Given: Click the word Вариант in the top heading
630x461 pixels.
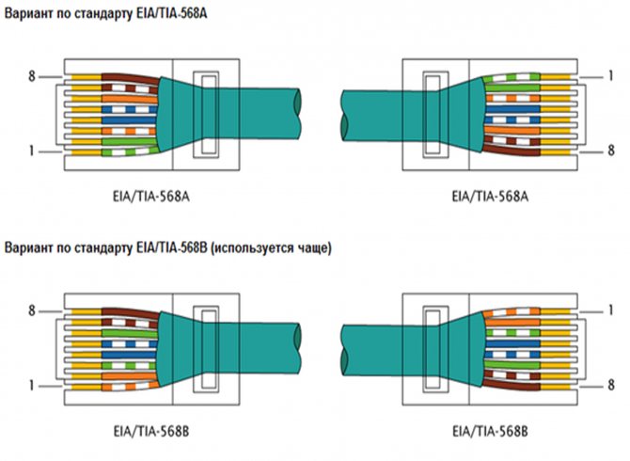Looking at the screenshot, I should [x=30, y=14].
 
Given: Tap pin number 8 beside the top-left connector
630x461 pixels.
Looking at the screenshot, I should [x=31, y=74].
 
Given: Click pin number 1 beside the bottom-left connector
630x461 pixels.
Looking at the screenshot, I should [x=31, y=384].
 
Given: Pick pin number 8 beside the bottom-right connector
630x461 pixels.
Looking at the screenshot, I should [x=610, y=384].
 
